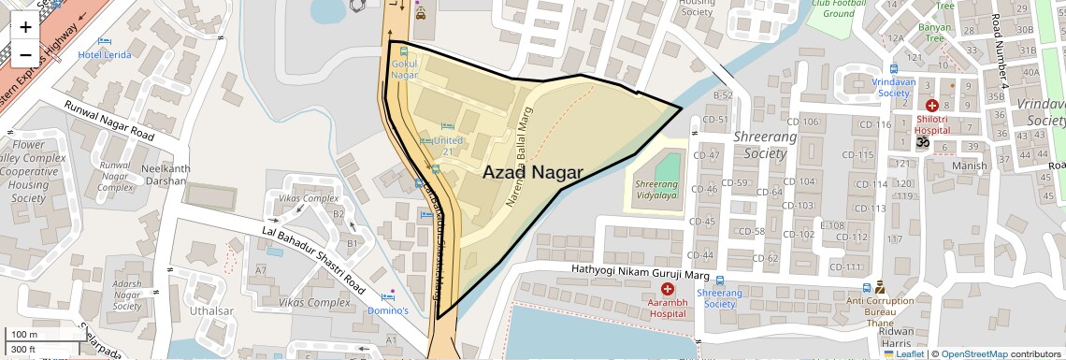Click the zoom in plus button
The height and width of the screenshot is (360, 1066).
point(25,26)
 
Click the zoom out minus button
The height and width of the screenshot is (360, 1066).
point(25,54)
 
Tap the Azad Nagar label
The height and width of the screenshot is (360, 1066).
point(533,173)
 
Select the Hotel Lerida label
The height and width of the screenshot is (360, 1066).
point(105,55)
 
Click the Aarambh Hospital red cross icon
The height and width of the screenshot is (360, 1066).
point(667,290)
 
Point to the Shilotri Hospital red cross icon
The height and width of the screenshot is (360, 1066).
point(931,107)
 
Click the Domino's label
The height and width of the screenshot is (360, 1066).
point(387,310)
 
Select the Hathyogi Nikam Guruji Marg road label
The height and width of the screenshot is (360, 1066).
point(635,271)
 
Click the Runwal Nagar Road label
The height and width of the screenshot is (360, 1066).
point(108,122)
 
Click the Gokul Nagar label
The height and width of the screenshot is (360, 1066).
point(404,68)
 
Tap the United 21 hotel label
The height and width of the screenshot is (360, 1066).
point(448,146)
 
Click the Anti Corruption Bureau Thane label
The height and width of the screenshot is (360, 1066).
point(880,308)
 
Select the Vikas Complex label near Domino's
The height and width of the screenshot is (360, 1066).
point(315,302)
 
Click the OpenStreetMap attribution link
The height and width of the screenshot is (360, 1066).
point(973,354)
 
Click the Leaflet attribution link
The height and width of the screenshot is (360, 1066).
point(906,354)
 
